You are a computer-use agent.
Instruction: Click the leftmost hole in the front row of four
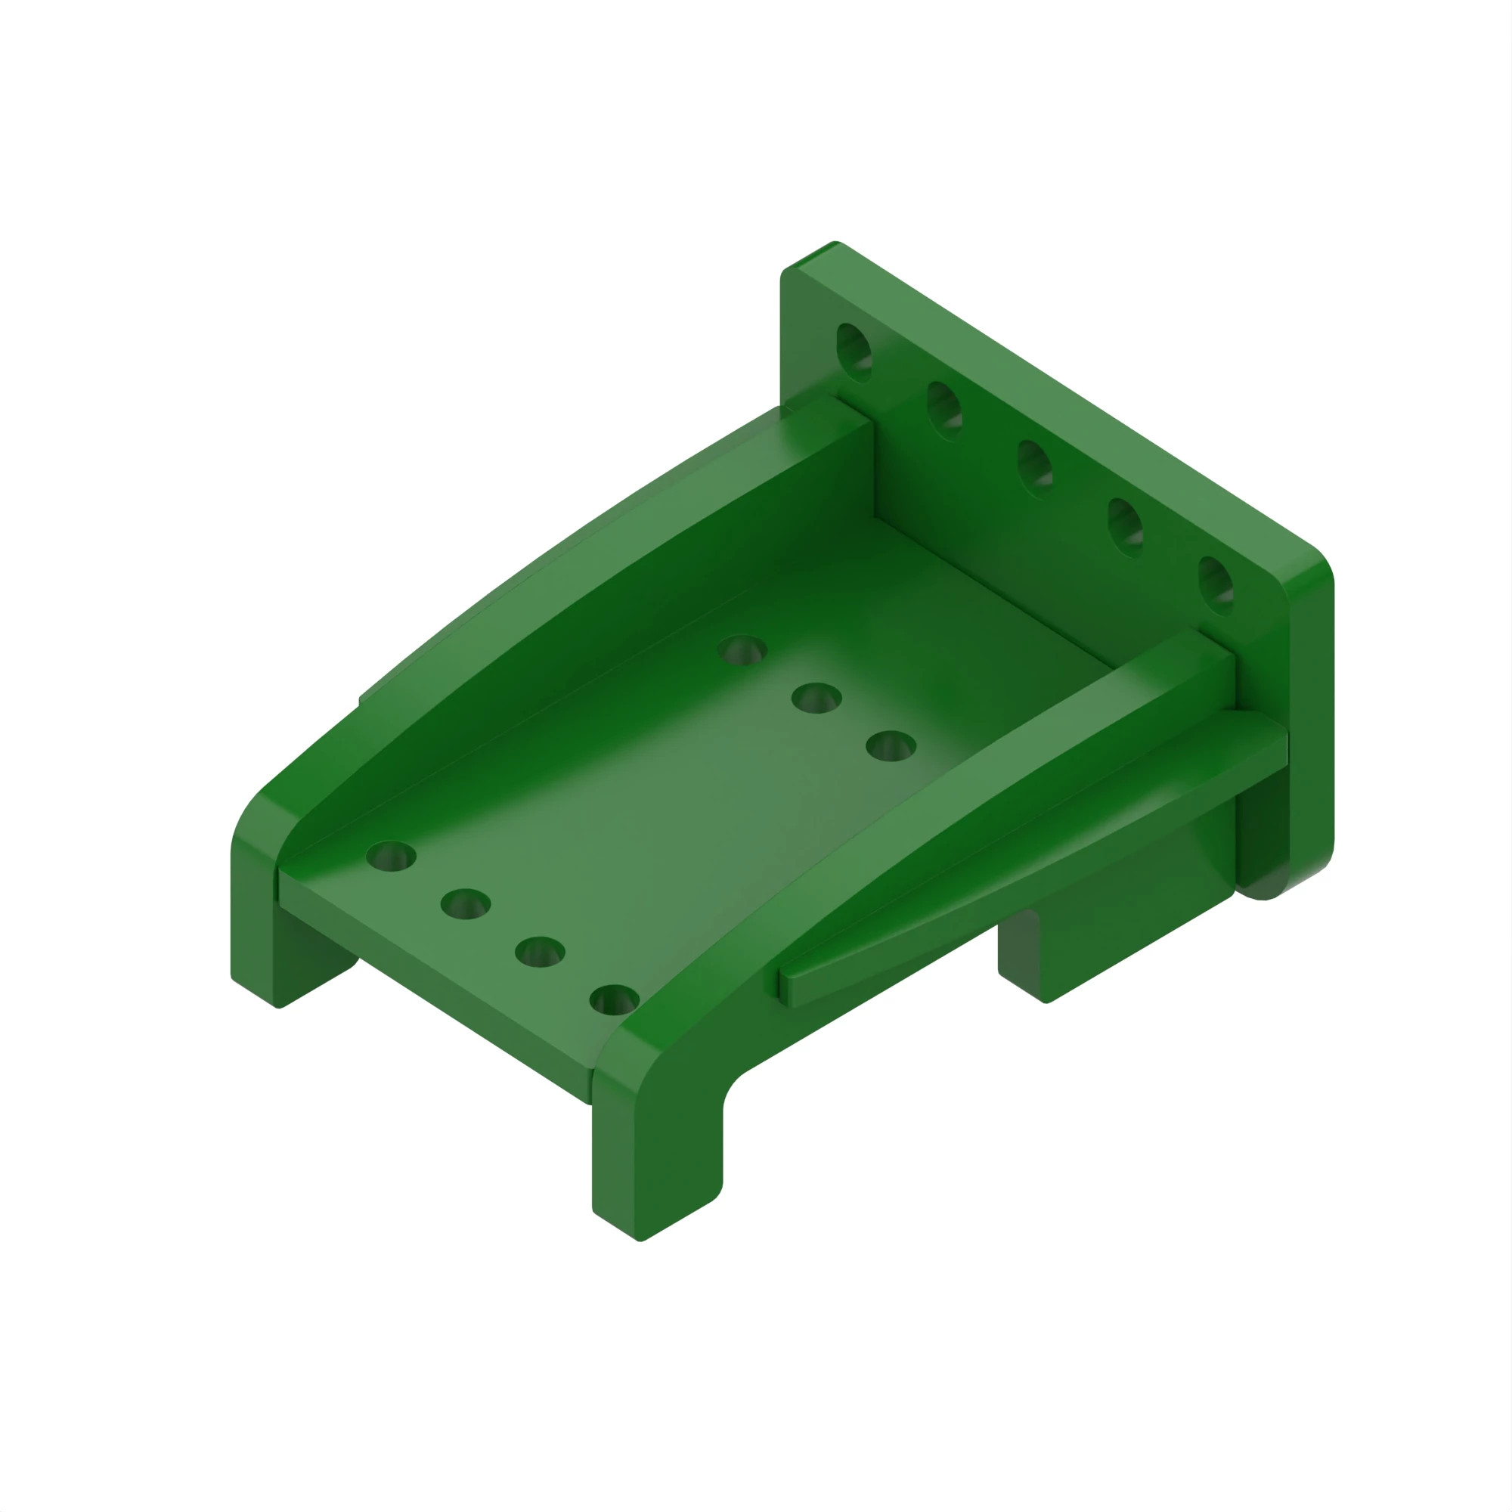coord(392,857)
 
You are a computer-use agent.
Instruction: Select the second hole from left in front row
coord(466,904)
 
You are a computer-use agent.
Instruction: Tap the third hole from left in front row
coord(540,952)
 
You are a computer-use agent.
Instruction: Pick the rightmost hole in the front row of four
coord(615,999)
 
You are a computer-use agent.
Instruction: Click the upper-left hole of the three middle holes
coord(742,649)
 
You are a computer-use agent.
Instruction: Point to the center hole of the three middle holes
coord(816,697)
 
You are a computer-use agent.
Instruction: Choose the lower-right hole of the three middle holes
coord(891,746)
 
